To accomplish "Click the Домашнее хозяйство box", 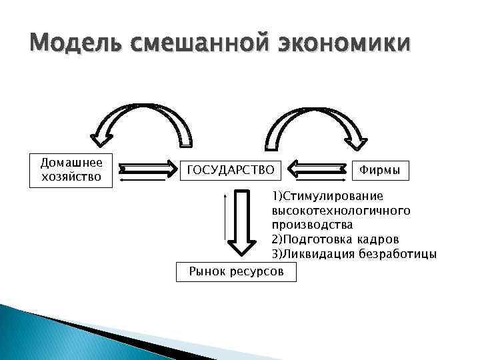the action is tap(71, 170).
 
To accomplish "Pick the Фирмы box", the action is tap(380, 171).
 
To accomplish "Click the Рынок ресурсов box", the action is tap(236, 271).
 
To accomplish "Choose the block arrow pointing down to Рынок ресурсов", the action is tap(241, 227).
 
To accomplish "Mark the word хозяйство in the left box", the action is tap(71, 177).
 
